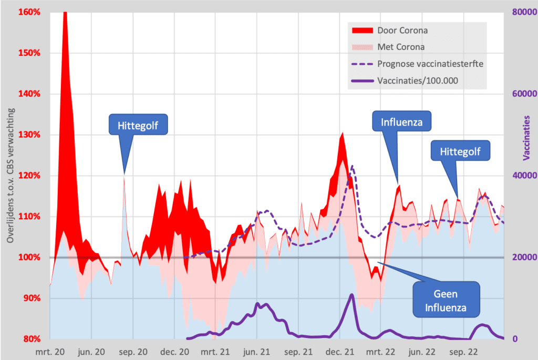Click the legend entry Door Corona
point(402,30)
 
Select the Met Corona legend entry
point(401,47)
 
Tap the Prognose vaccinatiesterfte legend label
point(430,64)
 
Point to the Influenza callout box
point(402,123)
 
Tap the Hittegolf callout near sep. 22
point(460,152)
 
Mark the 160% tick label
point(29,12)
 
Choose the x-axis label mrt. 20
point(50,351)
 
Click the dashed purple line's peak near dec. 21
point(351,166)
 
